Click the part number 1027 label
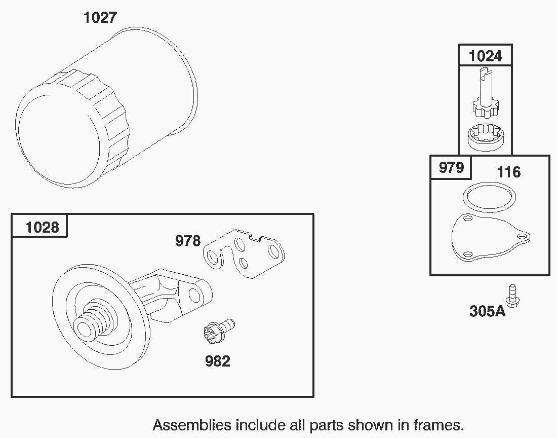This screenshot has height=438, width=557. coord(100,17)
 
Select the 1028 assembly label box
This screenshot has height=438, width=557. coord(39,226)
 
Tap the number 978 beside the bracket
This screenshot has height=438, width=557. coord(188,241)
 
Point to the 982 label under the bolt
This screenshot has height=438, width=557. coord(218,361)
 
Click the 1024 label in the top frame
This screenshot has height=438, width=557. coord(485,56)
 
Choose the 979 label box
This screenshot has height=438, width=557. coord(451,167)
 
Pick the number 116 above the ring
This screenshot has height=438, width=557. coord(509,172)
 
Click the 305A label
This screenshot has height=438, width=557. coord(487,311)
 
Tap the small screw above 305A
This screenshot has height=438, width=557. coord(512,296)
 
